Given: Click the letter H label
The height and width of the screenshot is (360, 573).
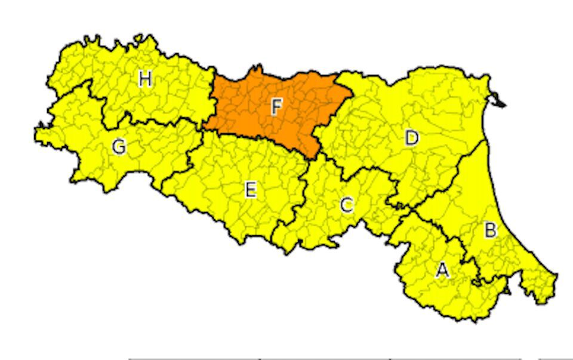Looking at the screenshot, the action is (144, 79).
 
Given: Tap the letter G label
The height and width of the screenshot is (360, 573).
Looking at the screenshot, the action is (119, 146).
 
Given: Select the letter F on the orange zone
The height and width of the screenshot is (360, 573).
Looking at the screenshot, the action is (276, 107).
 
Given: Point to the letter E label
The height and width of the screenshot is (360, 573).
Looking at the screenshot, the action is (251, 190).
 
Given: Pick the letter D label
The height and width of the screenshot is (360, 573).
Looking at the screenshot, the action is (411, 139).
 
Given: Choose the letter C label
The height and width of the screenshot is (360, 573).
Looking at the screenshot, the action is (346, 206).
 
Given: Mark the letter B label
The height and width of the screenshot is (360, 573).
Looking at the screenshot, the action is (489, 231).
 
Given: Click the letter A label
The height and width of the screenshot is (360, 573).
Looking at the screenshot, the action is (442, 271).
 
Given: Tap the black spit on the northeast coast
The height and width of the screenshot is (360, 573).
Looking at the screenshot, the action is (498, 103).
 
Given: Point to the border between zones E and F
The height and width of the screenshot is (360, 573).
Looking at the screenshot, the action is (257, 138).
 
